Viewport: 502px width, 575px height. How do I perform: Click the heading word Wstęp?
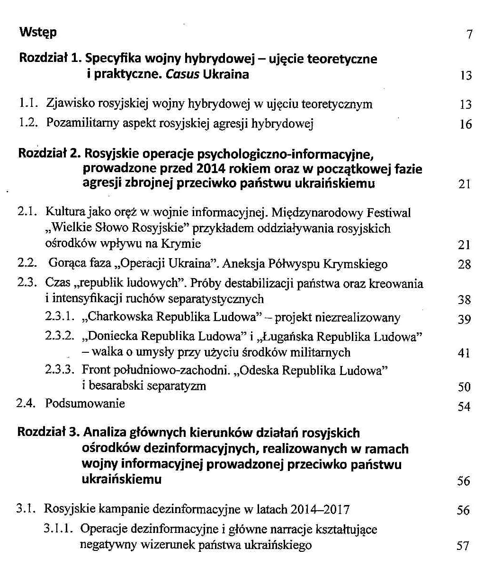coord(38,33)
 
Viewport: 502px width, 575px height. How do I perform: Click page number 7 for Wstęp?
coord(469,35)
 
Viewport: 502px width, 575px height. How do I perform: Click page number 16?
coord(466,124)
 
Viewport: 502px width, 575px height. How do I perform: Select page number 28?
coord(465,265)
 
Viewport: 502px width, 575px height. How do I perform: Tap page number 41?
coord(465,353)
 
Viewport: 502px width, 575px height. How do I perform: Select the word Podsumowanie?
coord(85,403)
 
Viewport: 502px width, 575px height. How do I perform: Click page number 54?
coord(464,406)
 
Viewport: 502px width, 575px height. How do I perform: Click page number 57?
coord(463,546)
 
